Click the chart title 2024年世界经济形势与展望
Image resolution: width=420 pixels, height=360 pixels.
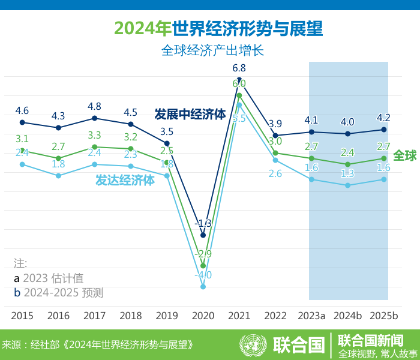(x=218, y=28)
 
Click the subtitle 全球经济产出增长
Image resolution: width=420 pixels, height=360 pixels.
(x=212, y=51)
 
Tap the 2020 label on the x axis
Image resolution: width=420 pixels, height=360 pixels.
(x=203, y=316)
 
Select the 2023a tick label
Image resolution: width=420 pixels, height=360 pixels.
(x=311, y=316)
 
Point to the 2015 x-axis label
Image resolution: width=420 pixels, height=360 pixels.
(x=22, y=316)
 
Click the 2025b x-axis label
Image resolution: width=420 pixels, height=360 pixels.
(x=384, y=316)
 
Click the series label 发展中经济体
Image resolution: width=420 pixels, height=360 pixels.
(x=190, y=114)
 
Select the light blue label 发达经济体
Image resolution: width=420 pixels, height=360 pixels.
(x=125, y=180)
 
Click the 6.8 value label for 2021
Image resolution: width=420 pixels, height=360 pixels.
(x=239, y=68)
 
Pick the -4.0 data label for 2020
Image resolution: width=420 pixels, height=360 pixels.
(x=203, y=275)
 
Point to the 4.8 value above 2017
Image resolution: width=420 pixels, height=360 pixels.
(x=94, y=106)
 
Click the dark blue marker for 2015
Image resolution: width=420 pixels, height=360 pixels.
(x=22, y=122)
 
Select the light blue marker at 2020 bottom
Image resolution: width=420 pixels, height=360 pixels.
(x=203, y=287)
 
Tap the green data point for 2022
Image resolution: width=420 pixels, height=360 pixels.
(x=275, y=153)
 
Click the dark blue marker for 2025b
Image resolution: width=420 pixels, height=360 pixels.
(x=384, y=130)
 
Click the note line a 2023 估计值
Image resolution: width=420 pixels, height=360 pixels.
(x=49, y=278)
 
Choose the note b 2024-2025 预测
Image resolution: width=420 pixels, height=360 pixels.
(x=59, y=293)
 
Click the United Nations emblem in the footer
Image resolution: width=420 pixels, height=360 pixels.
(x=253, y=345)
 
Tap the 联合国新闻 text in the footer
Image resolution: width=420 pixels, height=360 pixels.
(x=370, y=340)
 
